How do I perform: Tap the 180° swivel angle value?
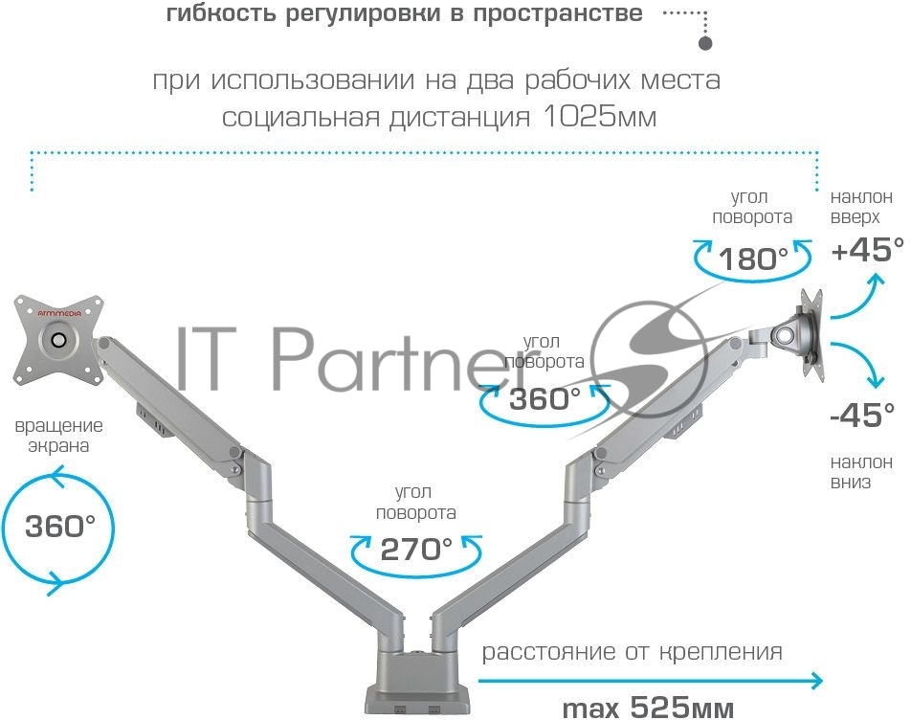753,259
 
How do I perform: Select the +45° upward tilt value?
867,250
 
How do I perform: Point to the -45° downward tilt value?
863,415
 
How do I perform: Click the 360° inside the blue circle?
60,526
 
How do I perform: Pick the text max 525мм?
648,708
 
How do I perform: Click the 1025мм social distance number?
599,117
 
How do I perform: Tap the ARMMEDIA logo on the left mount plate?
59,313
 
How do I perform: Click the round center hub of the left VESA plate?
57,339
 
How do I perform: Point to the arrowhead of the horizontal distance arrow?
816,681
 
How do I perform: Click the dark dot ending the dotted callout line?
704,44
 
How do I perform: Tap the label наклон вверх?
861,207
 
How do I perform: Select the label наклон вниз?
861,472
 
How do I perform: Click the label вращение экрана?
58,436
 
